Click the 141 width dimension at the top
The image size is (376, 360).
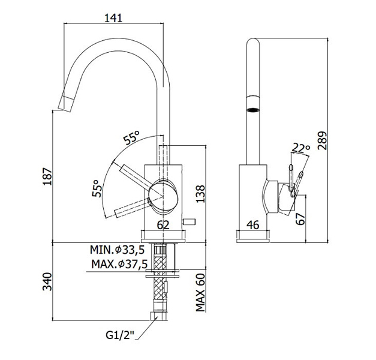[112, 17]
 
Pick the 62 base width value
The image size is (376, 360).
[164, 226]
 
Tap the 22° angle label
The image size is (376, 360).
[301, 148]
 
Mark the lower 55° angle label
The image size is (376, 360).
[97, 188]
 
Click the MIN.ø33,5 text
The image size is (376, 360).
[118, 250]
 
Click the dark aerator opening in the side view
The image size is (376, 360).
[254, 110]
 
